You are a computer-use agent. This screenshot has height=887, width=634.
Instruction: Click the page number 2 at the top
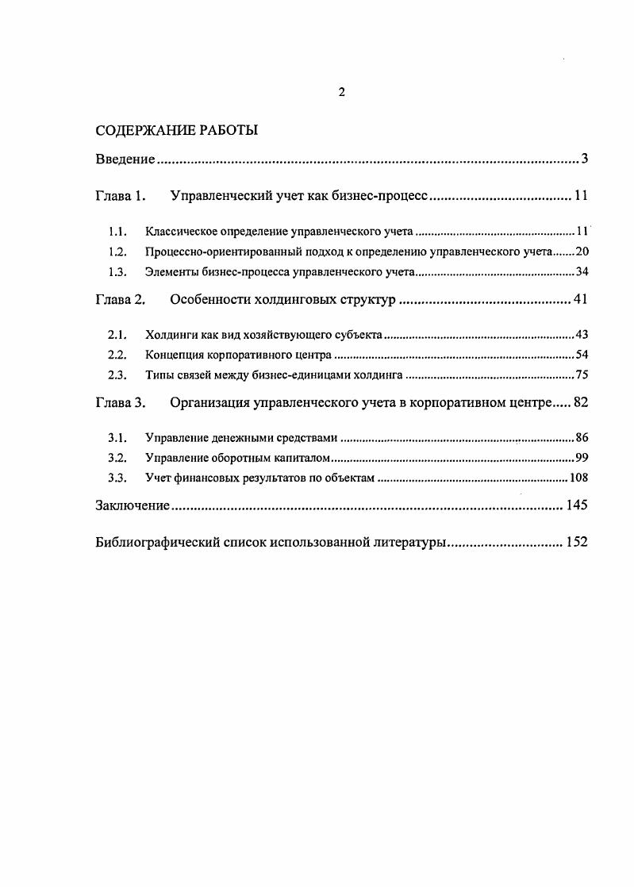(341, 92)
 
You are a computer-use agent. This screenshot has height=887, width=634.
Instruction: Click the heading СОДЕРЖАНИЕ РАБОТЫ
(176, 130)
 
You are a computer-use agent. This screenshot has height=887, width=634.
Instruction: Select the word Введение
(125, 159)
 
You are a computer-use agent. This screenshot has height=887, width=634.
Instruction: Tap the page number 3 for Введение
(584, 159)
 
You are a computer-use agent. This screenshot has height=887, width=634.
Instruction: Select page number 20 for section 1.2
(581, 252)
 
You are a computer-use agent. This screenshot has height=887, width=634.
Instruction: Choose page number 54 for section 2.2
(581, 356)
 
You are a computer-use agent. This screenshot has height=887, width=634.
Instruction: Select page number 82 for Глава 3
(580, 403)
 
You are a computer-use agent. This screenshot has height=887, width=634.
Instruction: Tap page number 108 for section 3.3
(578, 478)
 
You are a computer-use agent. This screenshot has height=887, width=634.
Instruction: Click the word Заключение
(132, 506)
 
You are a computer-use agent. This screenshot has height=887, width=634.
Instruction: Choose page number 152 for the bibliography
(576, 543)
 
